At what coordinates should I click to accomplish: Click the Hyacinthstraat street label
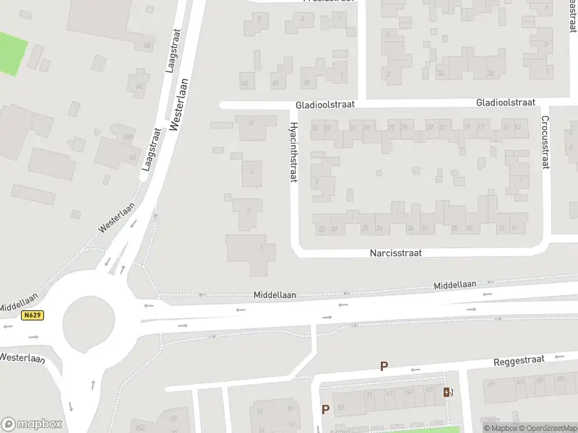coord(293,152)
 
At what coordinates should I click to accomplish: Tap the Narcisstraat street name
coord(395,253)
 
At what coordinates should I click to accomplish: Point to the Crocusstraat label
coord(545,143)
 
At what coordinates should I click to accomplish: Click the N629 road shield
coord(32,315)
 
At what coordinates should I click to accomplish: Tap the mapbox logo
coord(32,424)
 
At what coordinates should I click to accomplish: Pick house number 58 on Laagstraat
coord(148,46)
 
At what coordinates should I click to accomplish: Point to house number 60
coord(139,87)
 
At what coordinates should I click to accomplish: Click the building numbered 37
coord(251,123)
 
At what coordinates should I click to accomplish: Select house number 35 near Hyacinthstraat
coord(314,128)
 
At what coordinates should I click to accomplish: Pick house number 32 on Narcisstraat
coord(321,229)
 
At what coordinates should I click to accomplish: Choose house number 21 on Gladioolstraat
coord(441,128)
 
